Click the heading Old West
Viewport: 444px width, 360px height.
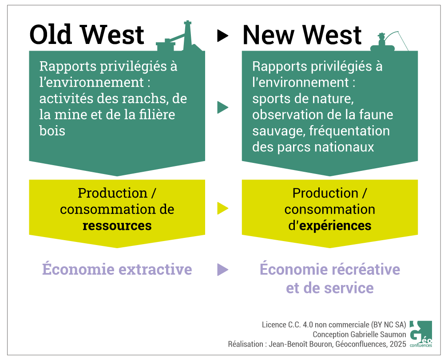coord(87,35)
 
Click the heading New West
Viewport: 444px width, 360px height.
coord(302,35)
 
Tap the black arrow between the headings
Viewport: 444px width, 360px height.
coord(222,36)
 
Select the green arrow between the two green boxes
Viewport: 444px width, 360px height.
coord(222,107)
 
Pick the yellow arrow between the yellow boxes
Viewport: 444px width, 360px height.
coord(222,208)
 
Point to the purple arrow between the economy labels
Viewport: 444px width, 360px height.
coord(222,269)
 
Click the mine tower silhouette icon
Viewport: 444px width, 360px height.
coord(179,36)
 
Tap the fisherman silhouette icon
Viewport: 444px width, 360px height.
coord(389,42)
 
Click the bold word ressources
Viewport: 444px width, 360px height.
coord(117,226)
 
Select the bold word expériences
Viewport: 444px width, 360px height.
coord(335,226)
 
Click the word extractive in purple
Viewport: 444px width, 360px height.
coord(155,269)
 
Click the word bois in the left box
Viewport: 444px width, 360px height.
coord(52,131)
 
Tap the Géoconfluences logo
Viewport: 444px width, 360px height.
coord(421,334)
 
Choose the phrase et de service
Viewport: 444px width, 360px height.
coord(329,288)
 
